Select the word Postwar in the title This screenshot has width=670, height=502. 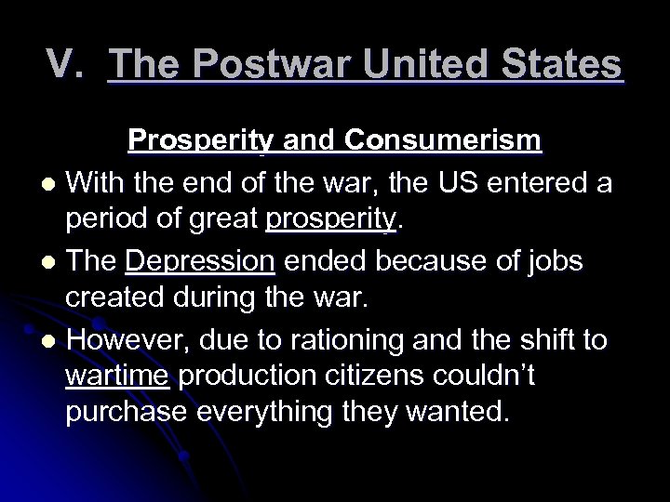[234, 66]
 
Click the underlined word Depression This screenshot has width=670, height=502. [200, 263]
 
